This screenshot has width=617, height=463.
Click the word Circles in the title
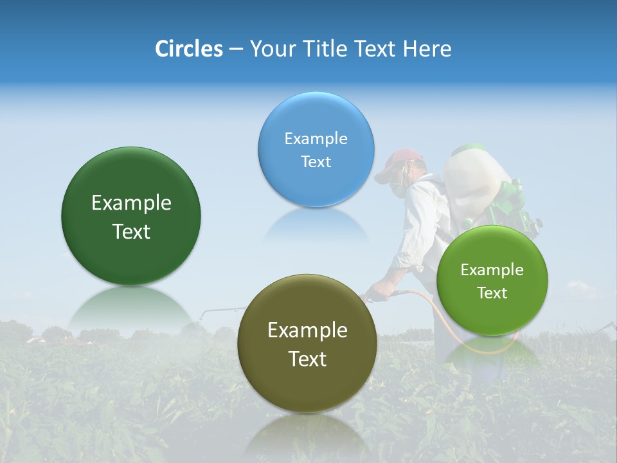click(188, 49)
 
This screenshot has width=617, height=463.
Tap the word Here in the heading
click(427, 49)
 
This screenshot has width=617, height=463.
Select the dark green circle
click(131, 216)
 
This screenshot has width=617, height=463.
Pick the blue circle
click(316, 149)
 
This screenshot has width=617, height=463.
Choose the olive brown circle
click(307, 343)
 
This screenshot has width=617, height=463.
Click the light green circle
click(492, 280)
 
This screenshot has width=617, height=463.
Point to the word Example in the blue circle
click(316, 138)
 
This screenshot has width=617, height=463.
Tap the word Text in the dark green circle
click(131, 232)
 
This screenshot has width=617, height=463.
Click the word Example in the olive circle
click(307, 330)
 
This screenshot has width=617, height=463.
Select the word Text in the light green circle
click(492, 293)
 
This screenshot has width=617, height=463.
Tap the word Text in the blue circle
click(316, 161)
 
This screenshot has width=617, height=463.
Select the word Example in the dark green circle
click(131, 203)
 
